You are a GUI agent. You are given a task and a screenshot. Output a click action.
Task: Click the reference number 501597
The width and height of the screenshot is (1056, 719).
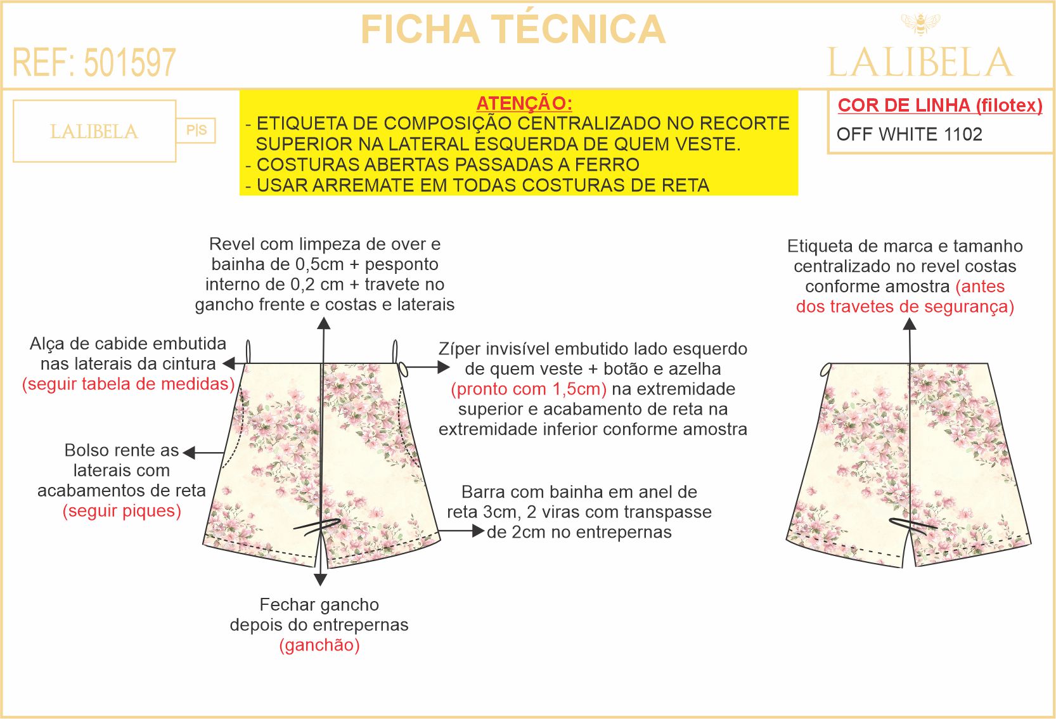[x=130, y=63]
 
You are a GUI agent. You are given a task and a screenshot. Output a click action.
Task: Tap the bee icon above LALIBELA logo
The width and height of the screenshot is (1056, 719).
[x=920, y=23]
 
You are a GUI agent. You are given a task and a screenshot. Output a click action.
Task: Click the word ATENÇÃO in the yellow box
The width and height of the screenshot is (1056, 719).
[x=524, y=103]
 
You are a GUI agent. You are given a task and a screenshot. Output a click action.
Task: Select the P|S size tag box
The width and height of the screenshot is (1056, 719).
[x=196, y=130]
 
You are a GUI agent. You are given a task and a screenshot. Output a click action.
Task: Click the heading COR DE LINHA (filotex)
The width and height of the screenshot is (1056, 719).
[x=940, y=105]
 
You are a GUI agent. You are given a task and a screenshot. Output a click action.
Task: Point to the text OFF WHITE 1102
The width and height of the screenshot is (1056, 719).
[x=910, y=134]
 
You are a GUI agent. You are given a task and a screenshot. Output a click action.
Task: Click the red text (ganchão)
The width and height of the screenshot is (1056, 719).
[x=319, y=645]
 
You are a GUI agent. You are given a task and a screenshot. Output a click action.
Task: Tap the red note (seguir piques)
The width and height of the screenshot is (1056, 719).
[x=122, y=510]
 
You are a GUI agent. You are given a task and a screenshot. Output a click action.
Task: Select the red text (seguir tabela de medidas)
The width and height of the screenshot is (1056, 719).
[x=128, y=384]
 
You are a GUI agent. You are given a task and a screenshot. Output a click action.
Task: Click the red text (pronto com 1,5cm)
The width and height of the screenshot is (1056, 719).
[x=529, y=389]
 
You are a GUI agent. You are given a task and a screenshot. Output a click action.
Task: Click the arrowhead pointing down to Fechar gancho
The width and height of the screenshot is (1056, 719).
[x=321, y=580]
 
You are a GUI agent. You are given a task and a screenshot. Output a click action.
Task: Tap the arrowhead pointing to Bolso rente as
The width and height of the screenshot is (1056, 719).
[x=189, y=453]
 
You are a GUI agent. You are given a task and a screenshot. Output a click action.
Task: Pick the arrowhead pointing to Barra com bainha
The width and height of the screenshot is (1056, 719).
[x=479, y=531]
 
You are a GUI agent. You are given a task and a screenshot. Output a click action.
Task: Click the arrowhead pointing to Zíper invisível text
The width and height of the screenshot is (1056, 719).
[x=444, y=367]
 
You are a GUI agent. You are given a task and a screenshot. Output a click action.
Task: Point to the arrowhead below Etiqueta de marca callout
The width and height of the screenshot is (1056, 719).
[x=910, y=324]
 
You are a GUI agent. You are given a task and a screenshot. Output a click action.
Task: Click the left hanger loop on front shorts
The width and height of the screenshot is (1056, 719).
[x=248, y=352]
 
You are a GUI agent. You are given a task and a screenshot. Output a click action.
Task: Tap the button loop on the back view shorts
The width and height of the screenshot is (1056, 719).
[x=825, y=370]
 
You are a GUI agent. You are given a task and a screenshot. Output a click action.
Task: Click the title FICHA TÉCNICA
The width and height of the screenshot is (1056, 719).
[x=513, y=29]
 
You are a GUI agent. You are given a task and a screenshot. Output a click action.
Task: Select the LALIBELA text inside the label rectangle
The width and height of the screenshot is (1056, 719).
[x=94, y=132]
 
